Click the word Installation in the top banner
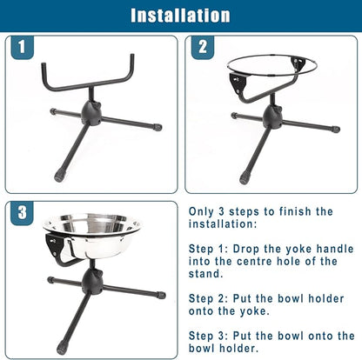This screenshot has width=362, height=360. tap(180, 15)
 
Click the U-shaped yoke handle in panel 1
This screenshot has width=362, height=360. tap(89, 78)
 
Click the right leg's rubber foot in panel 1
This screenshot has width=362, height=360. tap(158, 127)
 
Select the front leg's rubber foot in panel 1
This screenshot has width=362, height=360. tap(59, 176)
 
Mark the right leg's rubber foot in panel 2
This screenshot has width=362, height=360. tap(336, 130)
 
